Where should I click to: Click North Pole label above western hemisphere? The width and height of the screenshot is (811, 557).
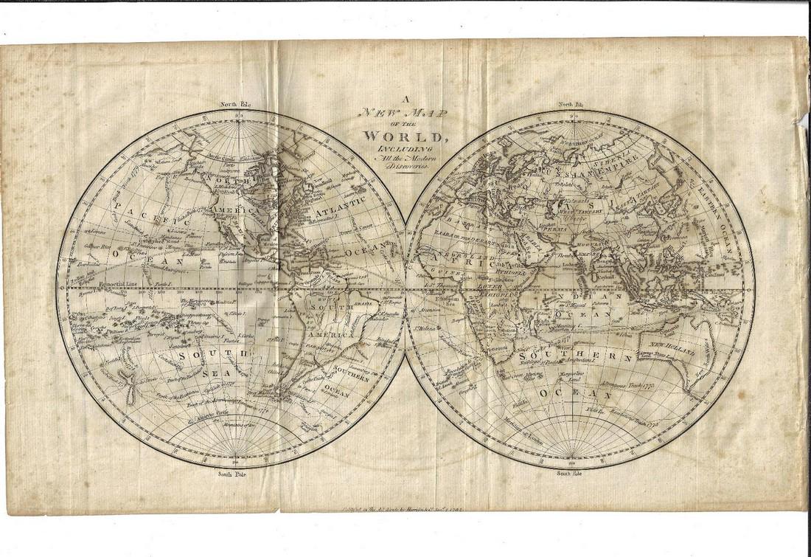tap(235, 105)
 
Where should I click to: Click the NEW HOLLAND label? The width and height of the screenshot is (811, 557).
tap(669, 347)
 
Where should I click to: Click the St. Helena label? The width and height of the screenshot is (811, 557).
tap(423, 328)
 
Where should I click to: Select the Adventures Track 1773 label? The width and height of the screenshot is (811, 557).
tap(627, 386)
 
